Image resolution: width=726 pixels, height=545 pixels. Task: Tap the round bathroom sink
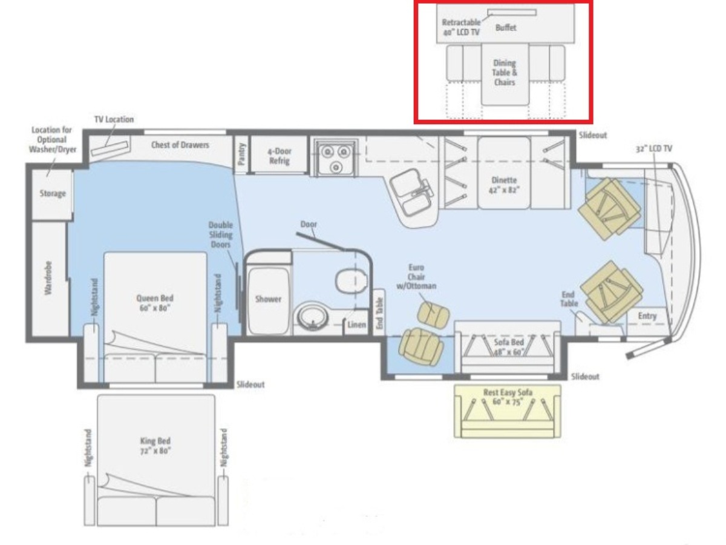pyautogui.click(x=312, y=316)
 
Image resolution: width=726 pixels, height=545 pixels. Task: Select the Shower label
pyautogui.click(x=268, y=299)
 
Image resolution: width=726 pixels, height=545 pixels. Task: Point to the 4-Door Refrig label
pyautogui.click(x=280, y=156)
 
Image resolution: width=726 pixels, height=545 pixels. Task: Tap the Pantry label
pyautogui.click(x=242, y=154)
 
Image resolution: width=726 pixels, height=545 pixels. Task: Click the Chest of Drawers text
pyautogui.click(x=180, y=145)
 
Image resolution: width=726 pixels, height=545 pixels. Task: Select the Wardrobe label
pyautogui.click(x=48, y=278)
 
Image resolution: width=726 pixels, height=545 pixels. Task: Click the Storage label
pyautogui.click(x=53, y=193)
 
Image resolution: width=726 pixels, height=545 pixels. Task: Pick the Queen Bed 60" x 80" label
pyautogui.click(x=155, y=303)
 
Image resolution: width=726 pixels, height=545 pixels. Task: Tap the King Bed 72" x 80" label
pyautogui.click(x=155, y=446)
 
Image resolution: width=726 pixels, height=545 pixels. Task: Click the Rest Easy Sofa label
pyautogui.click(x=508, y=392)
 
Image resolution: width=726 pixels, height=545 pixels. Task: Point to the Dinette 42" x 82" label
pyautogui.click(x=504, y=185)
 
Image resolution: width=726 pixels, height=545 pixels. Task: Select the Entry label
pyautogui.click(x=647, y=316)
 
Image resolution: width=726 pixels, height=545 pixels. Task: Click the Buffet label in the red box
pyautogui.click(x=506, y=27)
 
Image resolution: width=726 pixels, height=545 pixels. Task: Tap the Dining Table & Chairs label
pyautogui.click(x=505, y=73)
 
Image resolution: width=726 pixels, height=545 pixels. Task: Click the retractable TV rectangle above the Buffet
pyautogui.click(x=512, y=13)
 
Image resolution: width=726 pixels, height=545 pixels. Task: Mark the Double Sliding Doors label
pyautogui.click(x=220, y=234)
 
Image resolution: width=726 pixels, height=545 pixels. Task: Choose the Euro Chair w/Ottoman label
pyautogui.click(x=416, y=277)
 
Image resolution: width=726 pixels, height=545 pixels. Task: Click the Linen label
pyautogui.click(x=356, y=325)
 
